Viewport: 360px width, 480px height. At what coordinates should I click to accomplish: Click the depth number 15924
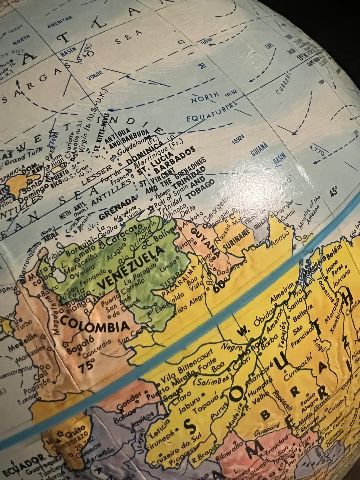pos(238,139)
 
